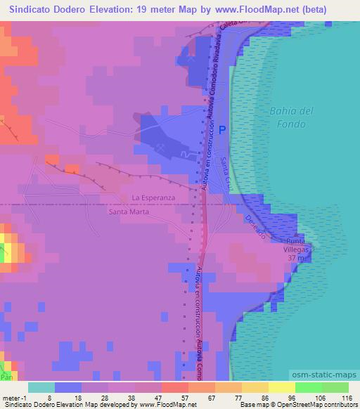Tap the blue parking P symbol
coord(222,130)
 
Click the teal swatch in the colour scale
coord(41,387)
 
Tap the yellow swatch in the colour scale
coord(281,387)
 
